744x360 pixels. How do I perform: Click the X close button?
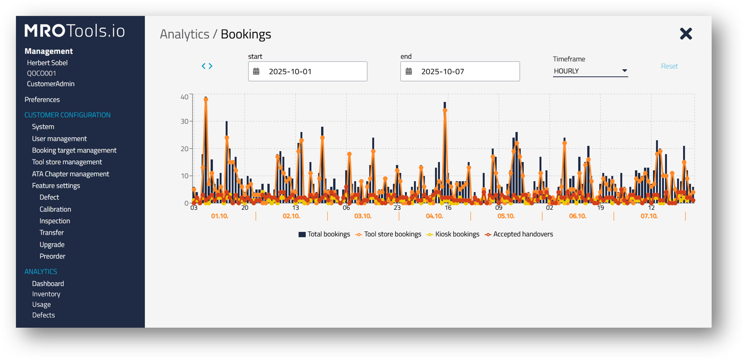click(686, 34)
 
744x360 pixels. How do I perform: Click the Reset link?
click(669, 66)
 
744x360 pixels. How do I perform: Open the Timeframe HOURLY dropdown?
click(590, 71)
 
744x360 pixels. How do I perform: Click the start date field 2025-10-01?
click(308, 71)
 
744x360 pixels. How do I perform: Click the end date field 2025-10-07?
click(460, 71)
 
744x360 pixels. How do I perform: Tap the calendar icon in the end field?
click(408, 71)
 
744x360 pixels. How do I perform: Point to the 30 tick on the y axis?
click(185, 121)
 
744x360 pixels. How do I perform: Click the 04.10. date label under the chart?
click(434, 216)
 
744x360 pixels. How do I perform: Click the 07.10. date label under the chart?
click(649, 216)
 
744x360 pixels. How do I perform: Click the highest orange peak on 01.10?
click(206, 100)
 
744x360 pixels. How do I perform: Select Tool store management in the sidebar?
click(67, 162)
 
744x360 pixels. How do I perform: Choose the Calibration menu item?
click(55, 209)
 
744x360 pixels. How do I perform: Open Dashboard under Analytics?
click(48, 284)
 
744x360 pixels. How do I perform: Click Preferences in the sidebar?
click(42, 100)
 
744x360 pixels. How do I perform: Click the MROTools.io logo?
click(74, 31)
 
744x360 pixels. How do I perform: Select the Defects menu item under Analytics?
click(44, 315)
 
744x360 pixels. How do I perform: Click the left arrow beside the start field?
click(203, 66)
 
